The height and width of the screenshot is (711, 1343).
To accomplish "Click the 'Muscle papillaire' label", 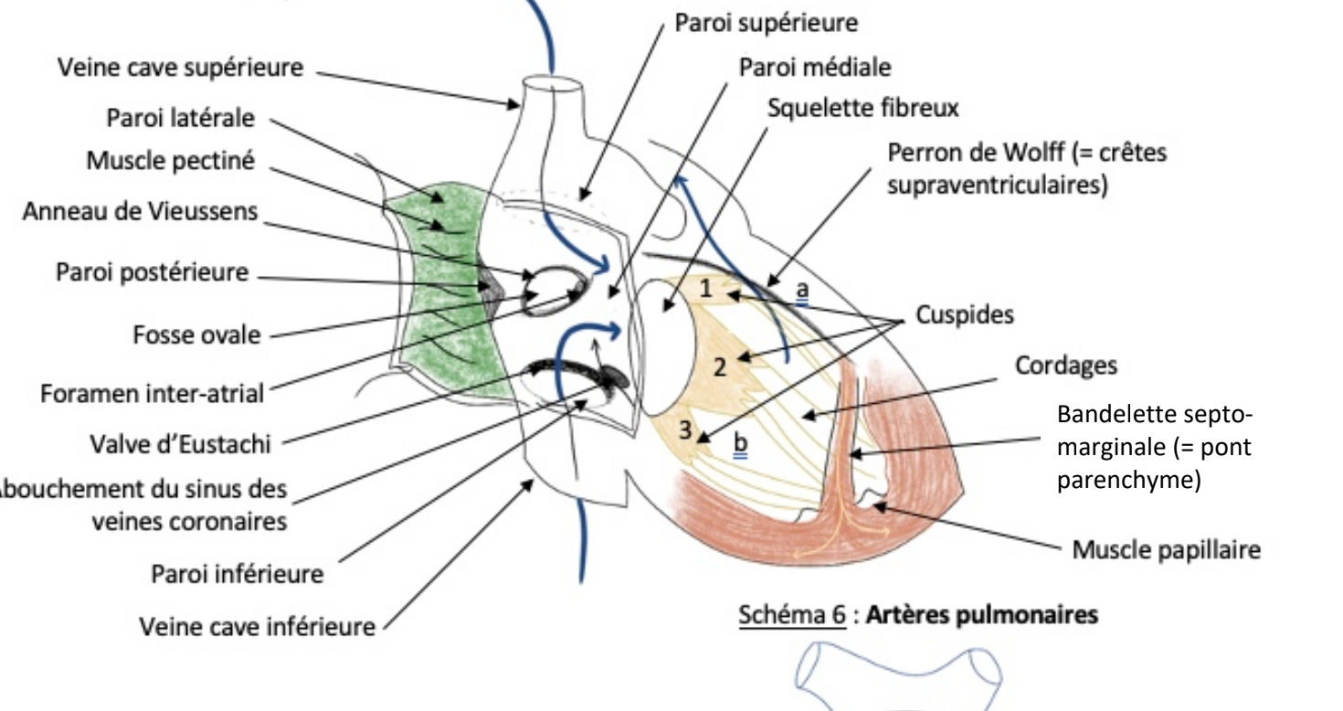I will (x=1154, y=551).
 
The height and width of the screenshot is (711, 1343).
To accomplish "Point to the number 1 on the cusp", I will (x=704, y=288).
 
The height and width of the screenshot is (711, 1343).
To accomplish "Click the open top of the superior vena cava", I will (x=553, y=85).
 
